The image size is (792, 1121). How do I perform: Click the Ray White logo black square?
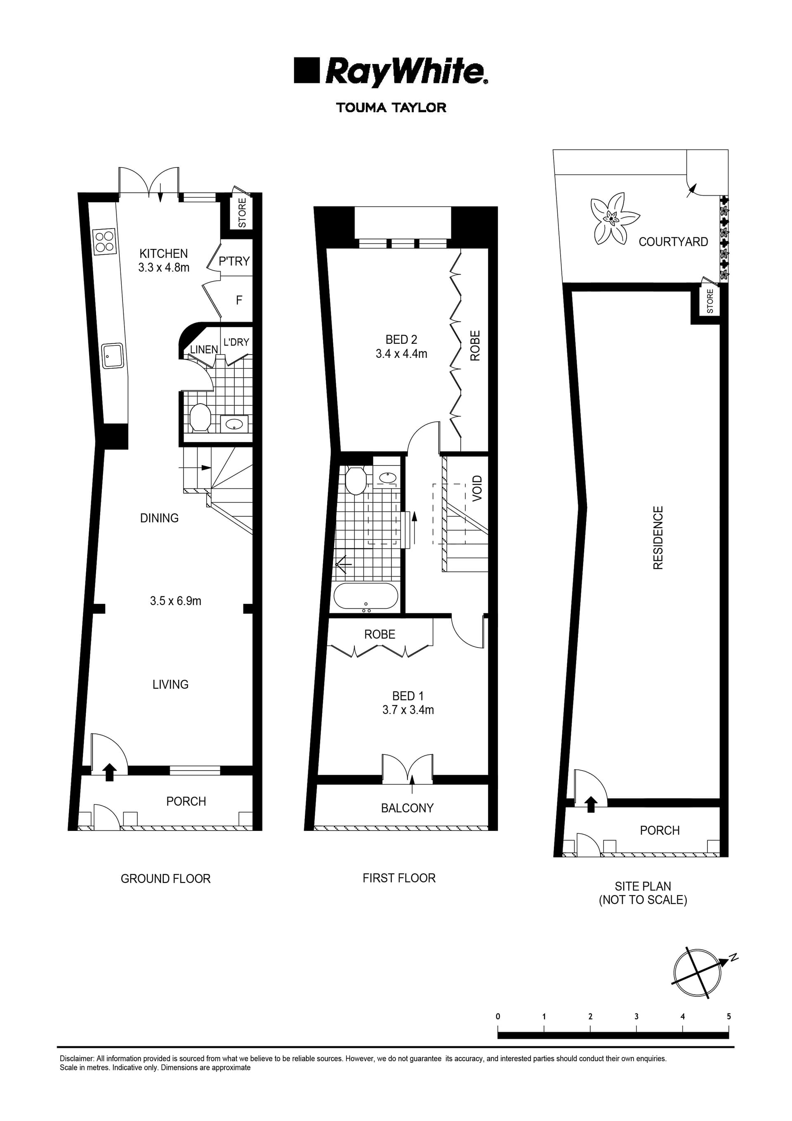point(306,70)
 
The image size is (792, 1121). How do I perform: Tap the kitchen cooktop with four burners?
point(105,241)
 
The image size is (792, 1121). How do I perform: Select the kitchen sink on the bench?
point(112,355)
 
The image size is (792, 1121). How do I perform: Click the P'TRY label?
point(234,261)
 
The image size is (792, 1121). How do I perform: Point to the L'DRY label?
point(236,342)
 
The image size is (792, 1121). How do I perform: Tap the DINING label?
point(159,518)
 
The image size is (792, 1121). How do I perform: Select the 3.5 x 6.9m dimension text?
point(175,601)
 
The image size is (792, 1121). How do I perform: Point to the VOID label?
point(477,488)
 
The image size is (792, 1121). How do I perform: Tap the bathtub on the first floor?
point(365,596)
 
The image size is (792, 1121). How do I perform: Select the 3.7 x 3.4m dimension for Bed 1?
point(408,710)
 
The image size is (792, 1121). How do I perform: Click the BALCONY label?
point(407,808)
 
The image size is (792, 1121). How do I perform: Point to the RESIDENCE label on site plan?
point(658,537)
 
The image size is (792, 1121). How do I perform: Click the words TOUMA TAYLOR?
point(391,108)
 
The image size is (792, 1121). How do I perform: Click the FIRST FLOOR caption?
point(399,878)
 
